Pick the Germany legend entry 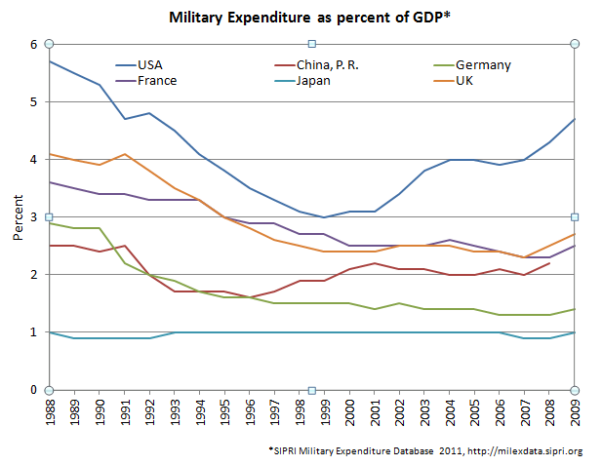pos(484,65)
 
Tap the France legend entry pos(156,80)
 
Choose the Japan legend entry pos(312,80)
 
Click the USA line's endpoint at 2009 pos(575,119)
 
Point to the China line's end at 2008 pos(549,263)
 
